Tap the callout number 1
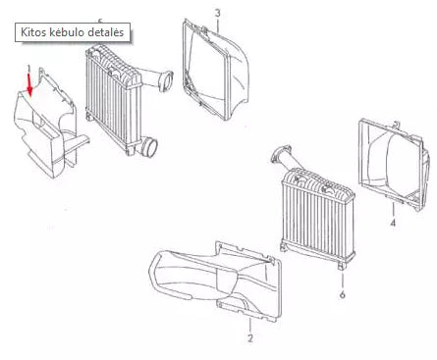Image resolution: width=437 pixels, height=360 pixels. [29, 68]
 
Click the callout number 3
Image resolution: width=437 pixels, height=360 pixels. [217, 12]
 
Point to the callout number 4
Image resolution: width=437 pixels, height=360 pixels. [393, 224]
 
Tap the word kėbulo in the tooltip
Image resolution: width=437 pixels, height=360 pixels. [72, 32]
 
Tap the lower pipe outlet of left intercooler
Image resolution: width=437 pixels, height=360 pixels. [150, 150]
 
